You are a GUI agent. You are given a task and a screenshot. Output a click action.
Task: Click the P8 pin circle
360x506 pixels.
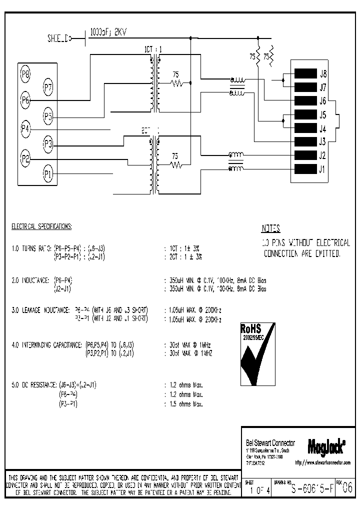25,75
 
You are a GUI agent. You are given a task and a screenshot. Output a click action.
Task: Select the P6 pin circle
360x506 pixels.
25,99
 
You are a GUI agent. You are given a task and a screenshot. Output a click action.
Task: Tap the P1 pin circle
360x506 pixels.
48,174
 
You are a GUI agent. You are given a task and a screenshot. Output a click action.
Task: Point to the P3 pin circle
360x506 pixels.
48,145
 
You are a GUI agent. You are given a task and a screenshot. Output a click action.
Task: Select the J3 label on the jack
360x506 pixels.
322,141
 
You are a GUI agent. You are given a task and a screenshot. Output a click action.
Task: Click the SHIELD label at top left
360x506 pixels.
58,37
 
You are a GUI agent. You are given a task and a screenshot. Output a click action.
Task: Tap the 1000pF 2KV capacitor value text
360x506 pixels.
108,32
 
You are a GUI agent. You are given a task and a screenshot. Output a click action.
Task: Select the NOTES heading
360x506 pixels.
271,229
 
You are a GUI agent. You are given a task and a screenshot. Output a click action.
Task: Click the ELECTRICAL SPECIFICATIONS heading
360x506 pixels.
41,226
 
